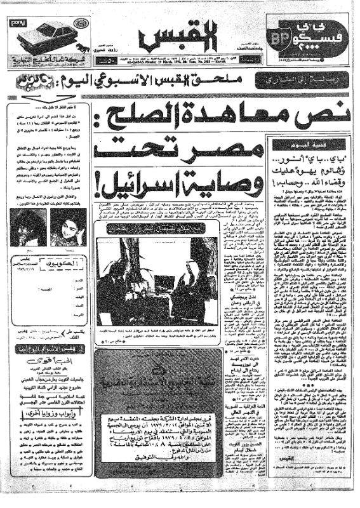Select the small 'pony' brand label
17,23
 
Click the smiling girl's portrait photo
69,227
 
